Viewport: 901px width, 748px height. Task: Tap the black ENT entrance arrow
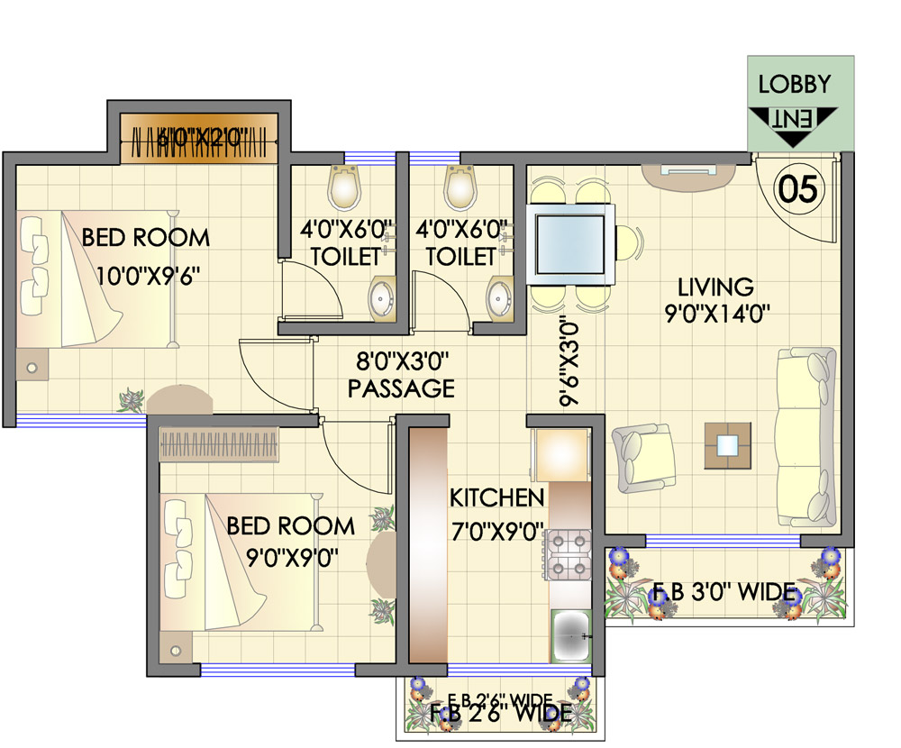point(793,125)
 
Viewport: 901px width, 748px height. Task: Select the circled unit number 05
point(798,189)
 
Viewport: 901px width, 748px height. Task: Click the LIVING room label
point(715,287)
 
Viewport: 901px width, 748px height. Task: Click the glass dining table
point(573,242)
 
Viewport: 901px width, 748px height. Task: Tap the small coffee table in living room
point(727,444)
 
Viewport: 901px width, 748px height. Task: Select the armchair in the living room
point(645,455)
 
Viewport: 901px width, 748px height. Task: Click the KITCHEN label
point(497,497)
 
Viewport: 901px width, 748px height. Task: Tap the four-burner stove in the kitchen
point(568,554)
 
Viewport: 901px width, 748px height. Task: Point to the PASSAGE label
point(401,389)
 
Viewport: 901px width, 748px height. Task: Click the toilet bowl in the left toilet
point(343,187)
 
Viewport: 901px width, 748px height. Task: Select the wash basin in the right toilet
point(498,296)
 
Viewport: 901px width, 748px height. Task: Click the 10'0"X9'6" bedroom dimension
point(147,273)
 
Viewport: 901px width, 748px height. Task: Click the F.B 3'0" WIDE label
point(724,593)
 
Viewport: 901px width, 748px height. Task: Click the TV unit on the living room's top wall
point(689,171)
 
